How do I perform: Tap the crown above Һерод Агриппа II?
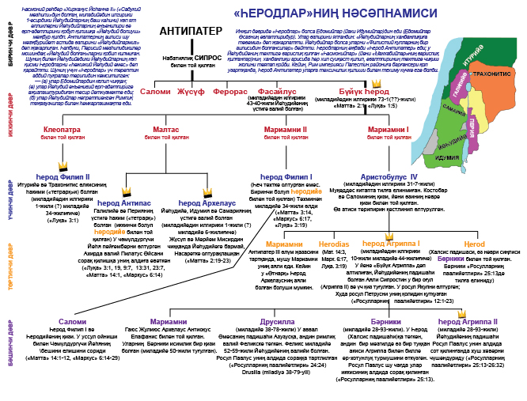pos(461,313)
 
